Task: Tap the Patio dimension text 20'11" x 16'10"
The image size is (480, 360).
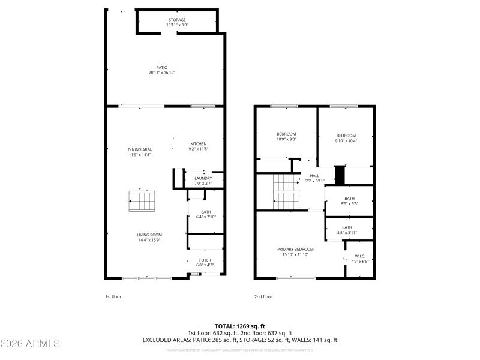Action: [162, 73]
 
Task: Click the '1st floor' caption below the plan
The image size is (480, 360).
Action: [113, 296]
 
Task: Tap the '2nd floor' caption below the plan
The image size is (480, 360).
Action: [263, 296]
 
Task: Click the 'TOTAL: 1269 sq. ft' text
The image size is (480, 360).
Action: [239, 326]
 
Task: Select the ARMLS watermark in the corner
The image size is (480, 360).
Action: [30, 344]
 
